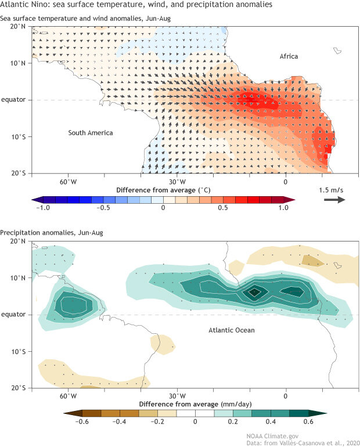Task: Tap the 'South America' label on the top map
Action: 90,133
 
